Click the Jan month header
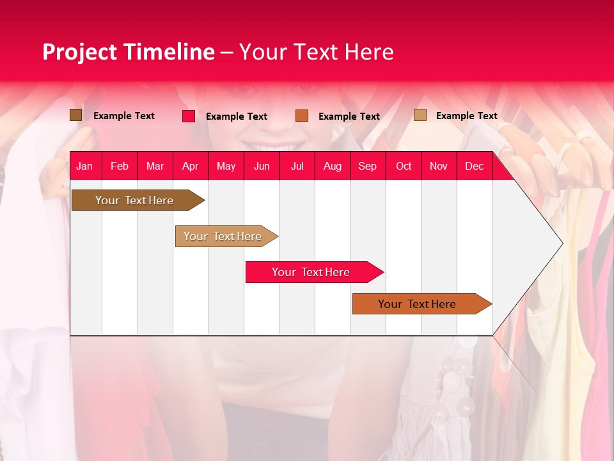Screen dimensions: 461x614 84,166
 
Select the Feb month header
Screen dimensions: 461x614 120,166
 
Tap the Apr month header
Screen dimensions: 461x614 190,166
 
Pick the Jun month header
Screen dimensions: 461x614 262,166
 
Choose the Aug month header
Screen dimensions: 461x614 332,166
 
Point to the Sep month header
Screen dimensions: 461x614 367,166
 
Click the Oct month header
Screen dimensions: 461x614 404,166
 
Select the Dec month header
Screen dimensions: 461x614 474,166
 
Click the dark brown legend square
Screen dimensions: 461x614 76,115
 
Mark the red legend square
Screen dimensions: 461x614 189,116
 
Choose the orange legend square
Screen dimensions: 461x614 302,116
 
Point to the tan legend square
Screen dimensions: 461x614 420,115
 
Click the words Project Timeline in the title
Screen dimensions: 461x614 129,52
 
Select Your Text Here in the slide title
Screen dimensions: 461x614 317,52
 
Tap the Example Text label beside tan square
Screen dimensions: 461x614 466,116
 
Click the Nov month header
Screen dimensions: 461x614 438,166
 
